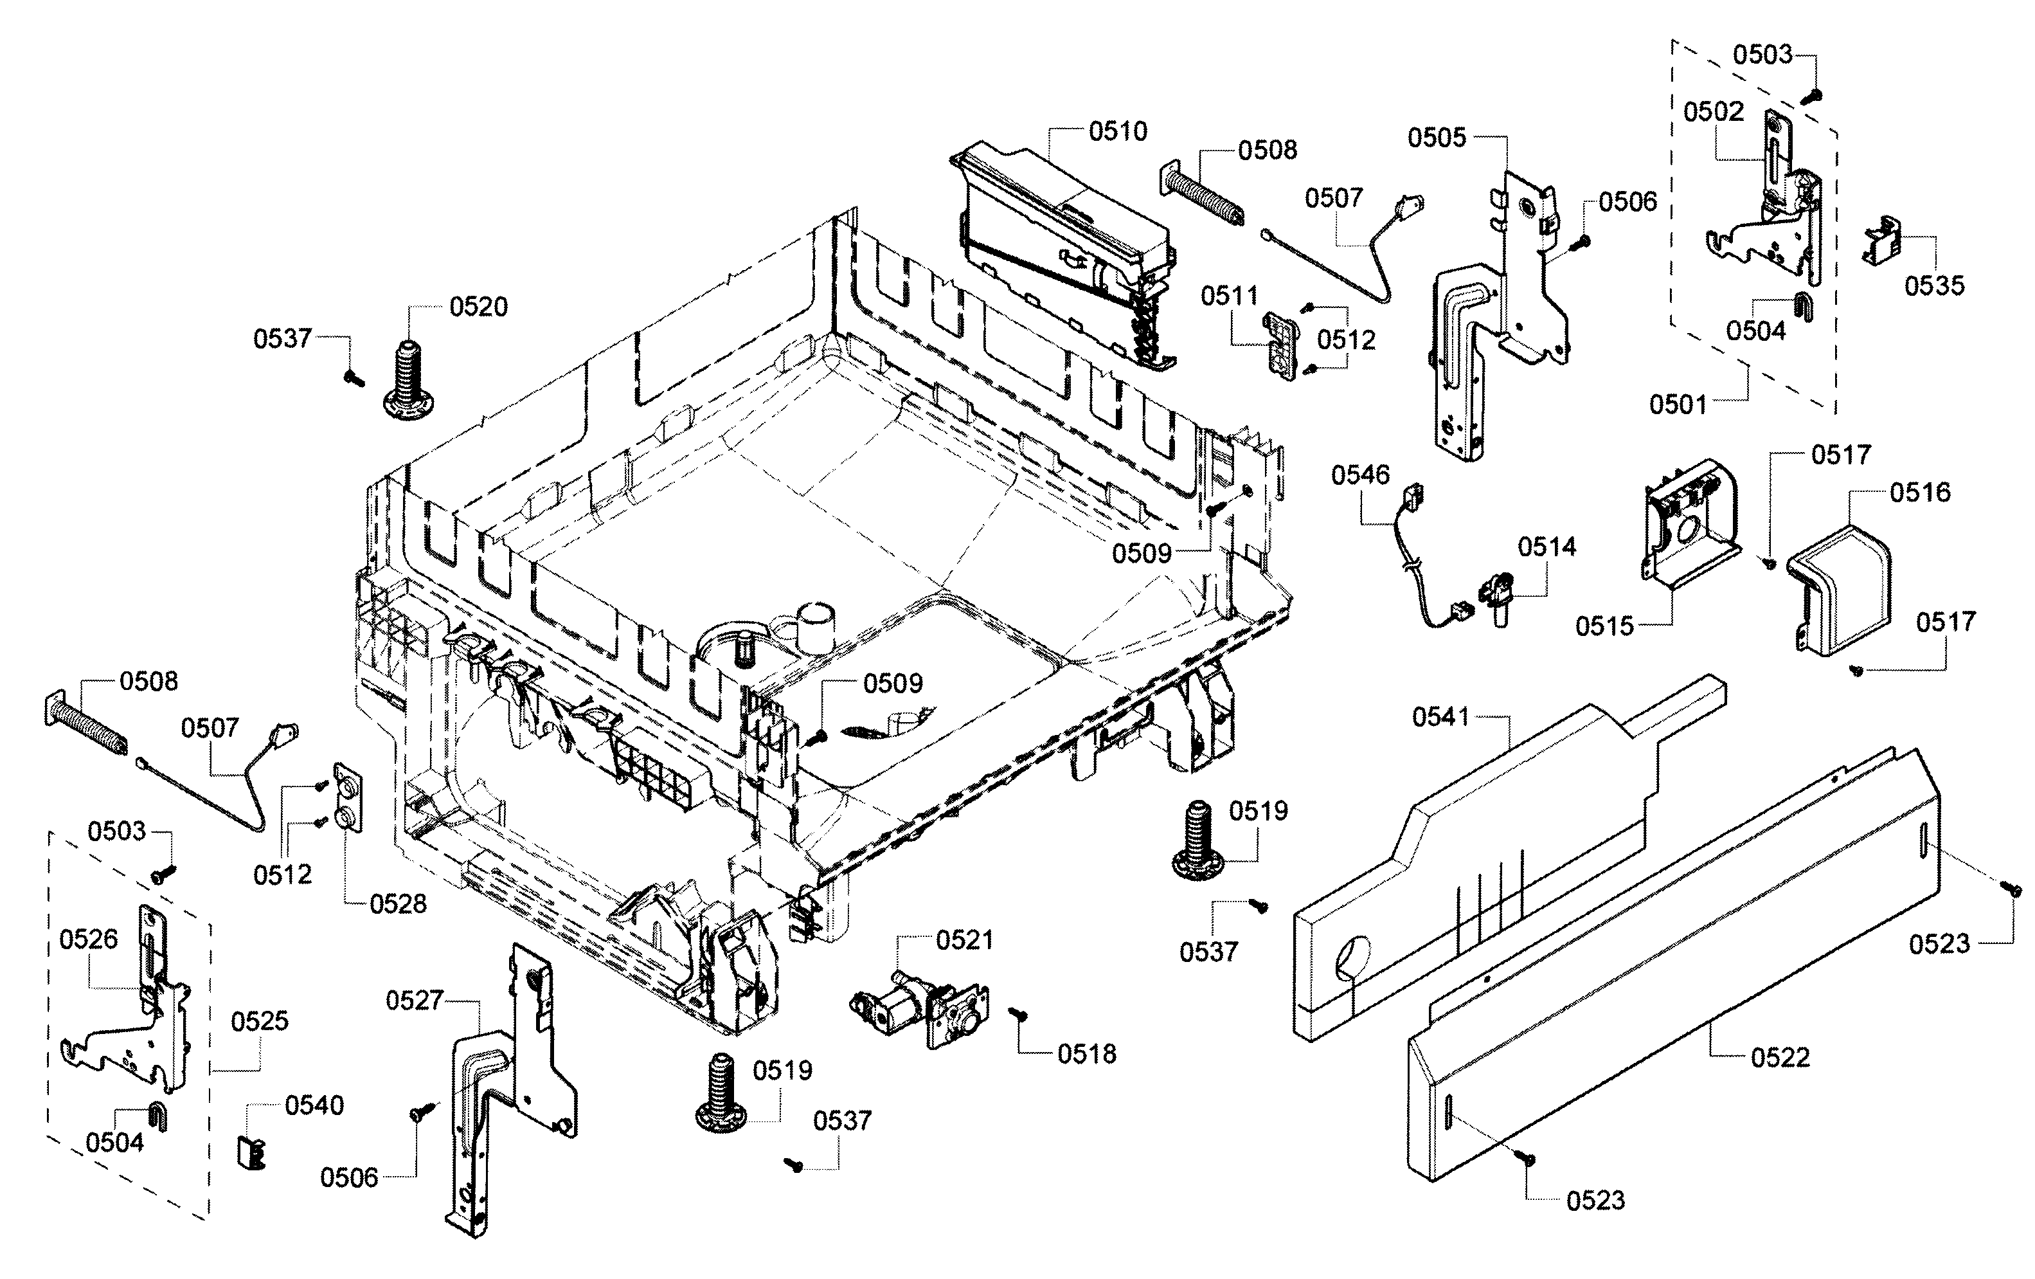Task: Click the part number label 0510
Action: tap(1118, 131)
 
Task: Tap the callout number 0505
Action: tap(1437, 137)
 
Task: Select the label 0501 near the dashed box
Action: tap(1678, 405)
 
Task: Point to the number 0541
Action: tap(1441, 718)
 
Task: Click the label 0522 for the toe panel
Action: tap(1780, 1058)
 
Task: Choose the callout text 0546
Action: tap(1361, 475)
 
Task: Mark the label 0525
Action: tap(260, 1021)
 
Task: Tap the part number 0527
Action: tap(414, 1001)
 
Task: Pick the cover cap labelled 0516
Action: tap(1839, 588)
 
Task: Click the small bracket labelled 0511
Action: tap(1280, 347)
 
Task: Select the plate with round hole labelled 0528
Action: tap(348, 797)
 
